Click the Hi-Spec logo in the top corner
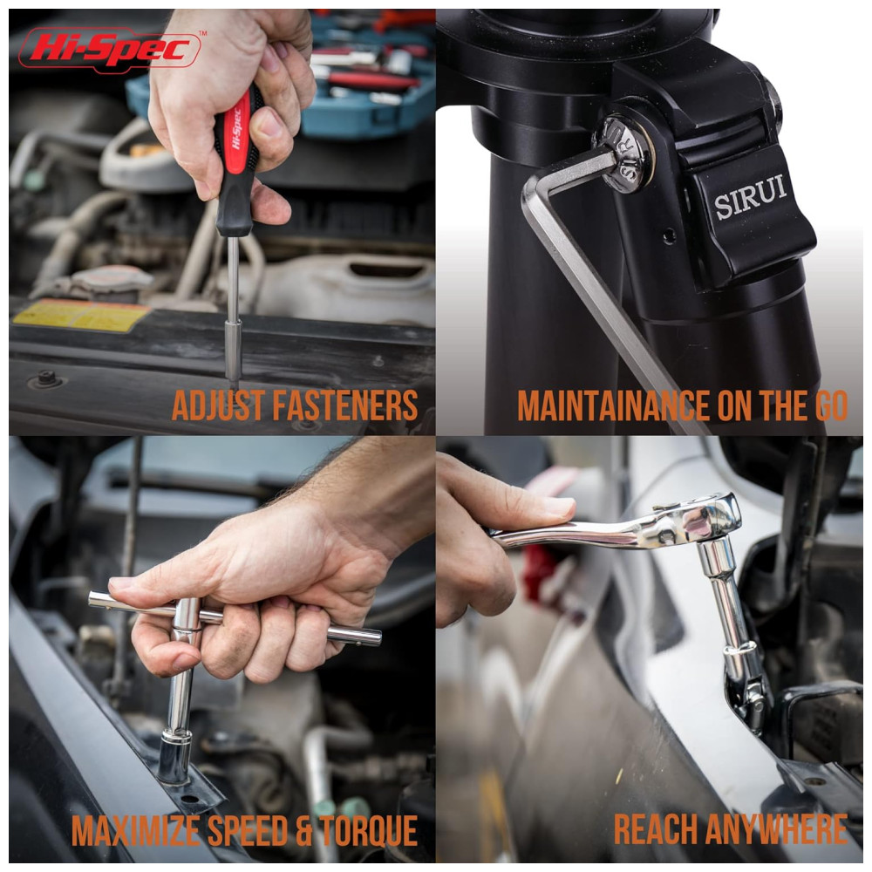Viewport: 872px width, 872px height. point(110,50)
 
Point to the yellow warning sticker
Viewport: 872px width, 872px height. point(82,316)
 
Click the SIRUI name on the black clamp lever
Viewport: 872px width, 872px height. point(750,197)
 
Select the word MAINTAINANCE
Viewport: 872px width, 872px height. point(613,406)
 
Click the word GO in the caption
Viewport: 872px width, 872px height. point(831,406)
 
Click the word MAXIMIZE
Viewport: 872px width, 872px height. point(136,831)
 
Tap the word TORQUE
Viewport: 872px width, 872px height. point(368,831)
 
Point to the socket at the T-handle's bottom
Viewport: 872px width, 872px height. point(174,756)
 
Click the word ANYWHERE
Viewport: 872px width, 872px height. point(776,830)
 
